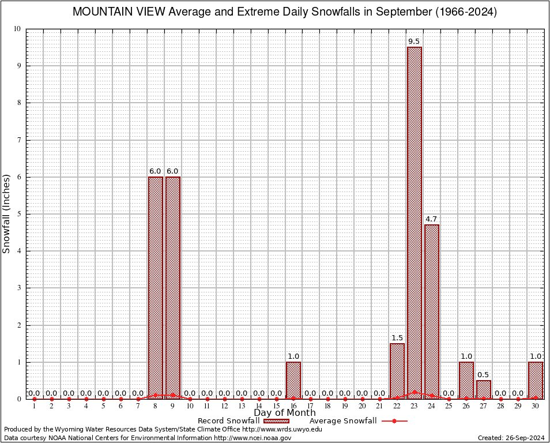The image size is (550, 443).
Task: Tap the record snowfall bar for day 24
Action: point(431,311)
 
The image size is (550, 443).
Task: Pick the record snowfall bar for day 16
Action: point(293,380)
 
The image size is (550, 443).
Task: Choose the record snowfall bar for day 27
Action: point(484,389)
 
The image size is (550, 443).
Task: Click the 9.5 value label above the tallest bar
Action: point(414,42)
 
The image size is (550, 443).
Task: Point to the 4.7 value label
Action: point(431,219)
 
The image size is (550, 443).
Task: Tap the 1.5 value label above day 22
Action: point(397,338)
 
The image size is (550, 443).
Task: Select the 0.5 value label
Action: point(484,375)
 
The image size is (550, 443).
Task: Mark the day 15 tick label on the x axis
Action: point(276,407)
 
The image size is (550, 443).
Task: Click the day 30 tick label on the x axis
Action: point(536,407)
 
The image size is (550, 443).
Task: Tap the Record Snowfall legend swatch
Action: point(276,421)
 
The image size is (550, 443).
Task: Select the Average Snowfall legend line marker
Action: point(394,421)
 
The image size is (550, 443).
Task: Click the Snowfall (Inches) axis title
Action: point(7,213)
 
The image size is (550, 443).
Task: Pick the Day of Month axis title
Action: point(285,413)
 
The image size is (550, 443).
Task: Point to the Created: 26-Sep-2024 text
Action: point(511,438)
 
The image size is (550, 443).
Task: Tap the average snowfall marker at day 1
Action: point(35,399)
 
